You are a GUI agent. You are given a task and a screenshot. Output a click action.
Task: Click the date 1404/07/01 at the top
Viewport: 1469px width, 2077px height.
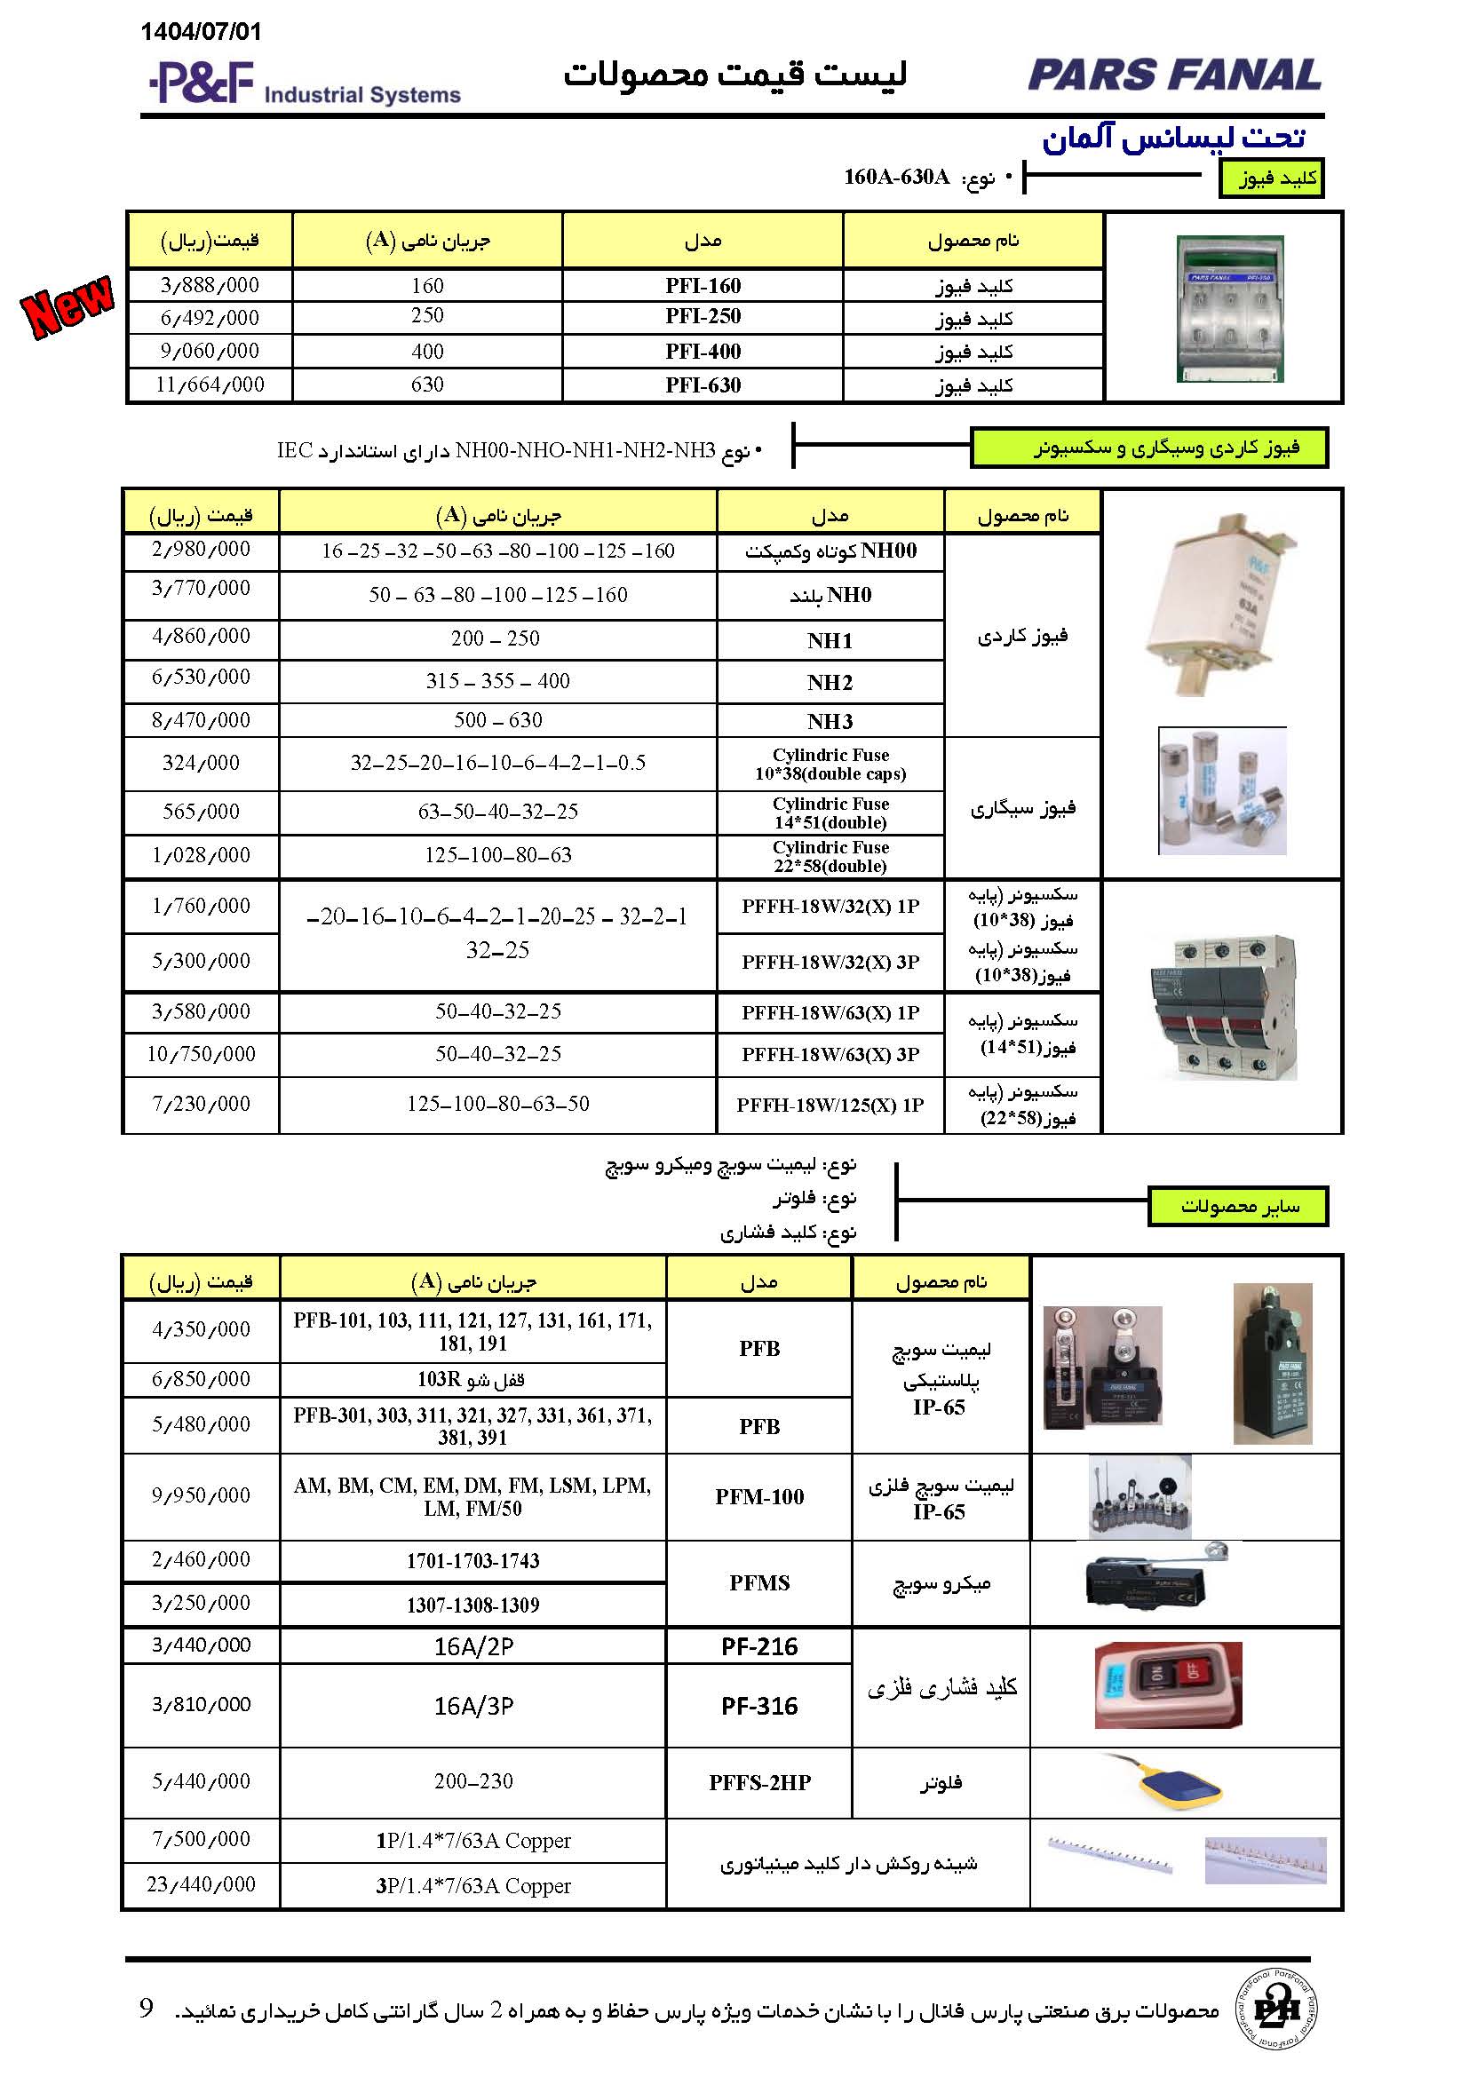pos(201,33)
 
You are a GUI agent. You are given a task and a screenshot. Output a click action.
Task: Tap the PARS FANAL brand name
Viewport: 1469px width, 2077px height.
pos(1174,75)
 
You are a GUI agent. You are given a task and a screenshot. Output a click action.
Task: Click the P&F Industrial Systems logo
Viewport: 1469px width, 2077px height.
pos(304,84)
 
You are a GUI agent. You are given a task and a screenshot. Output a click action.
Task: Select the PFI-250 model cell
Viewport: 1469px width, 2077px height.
pos(703,317)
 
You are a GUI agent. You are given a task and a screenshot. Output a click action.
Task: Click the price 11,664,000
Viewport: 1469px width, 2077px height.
pos(210,384)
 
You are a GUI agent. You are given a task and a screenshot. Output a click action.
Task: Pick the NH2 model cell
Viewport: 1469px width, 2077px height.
pos(830,683)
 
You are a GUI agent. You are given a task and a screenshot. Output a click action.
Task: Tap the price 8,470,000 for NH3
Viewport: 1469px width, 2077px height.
pos(201,720)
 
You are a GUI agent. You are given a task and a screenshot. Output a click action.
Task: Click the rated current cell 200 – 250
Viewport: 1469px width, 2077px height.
pos(496,638)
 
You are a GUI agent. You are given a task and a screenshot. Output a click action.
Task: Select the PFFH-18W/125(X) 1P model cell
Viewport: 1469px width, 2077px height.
pos(830,1105)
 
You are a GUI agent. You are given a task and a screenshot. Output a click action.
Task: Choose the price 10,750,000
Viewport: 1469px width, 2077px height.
pos(201,1054)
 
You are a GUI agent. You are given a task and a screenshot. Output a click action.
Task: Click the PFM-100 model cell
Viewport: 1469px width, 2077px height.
pos(758,1497)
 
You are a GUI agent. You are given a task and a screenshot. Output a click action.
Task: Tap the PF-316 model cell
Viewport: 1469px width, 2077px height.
pos(758,1706)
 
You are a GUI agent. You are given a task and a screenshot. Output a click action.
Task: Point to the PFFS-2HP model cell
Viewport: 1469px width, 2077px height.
pos(758,1782)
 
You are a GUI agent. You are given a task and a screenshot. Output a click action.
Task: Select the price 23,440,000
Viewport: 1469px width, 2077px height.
pos(201,1884)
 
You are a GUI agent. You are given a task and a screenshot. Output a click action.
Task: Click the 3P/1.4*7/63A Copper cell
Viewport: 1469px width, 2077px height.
pos(473,1886)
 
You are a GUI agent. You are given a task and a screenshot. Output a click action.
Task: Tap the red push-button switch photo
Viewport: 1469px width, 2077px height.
pos(1168,1685)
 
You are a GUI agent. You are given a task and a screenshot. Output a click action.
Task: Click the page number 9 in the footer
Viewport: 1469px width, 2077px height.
pos(147,2010)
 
